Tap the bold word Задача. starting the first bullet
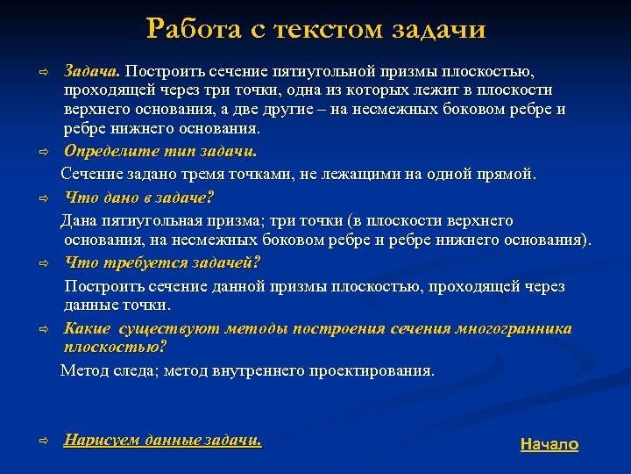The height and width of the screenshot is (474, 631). [93, 69]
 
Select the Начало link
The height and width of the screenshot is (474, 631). [549, 444]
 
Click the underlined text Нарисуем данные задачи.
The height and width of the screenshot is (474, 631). [163, 440]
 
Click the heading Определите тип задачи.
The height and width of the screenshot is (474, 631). [160, 150]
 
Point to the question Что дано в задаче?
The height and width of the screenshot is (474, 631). [139, 197]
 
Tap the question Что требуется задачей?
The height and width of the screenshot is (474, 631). [162, 262]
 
